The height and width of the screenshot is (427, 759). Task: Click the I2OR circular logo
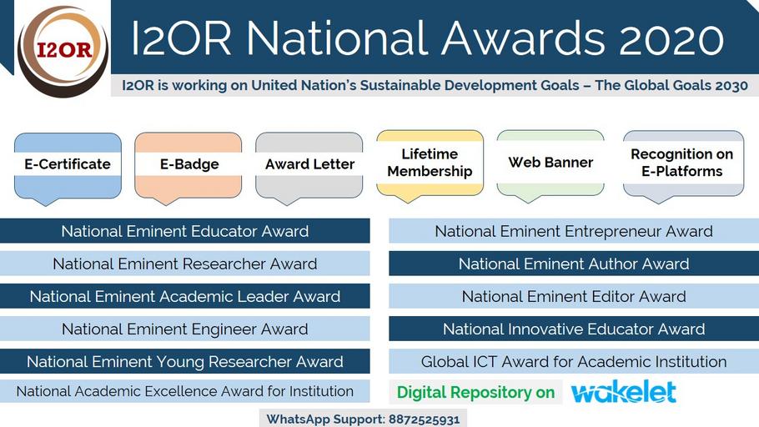tap(63, 51)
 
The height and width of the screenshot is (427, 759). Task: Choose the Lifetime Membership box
tap(430, 165)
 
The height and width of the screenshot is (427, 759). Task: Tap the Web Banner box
tap(550, 165)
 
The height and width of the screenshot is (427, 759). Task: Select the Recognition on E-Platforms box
tap(683, 165)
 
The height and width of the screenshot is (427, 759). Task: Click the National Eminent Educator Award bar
tap(185, 231)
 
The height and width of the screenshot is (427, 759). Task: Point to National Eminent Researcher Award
tap(185, 264)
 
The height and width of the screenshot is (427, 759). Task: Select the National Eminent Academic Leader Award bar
tap(185, 296)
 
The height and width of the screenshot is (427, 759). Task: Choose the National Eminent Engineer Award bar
tap(185, 329)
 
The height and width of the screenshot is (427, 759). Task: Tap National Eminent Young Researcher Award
tap(185, 361)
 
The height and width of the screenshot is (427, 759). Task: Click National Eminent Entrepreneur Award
tap(574, 231)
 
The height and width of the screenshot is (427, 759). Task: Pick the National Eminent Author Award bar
tap(574, 264)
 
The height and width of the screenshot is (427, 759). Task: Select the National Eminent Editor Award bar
tap(574, 296)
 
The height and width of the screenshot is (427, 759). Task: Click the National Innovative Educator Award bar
tap(574, 329)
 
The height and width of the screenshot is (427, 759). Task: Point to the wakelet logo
tap(624, 392)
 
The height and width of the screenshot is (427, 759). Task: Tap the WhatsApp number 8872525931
tap(424, 419)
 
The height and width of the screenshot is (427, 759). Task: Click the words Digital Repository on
tap(475, 392)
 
